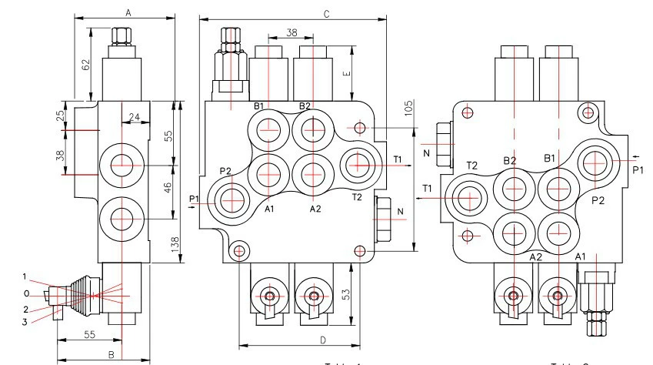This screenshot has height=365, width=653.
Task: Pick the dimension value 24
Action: click(135, 118)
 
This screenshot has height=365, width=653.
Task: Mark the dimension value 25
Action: click(61, 116)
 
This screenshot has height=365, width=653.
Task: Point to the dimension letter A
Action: click(128, 12)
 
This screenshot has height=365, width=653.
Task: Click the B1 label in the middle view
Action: click(259, 105)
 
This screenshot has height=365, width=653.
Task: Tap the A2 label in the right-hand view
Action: click(536, 256)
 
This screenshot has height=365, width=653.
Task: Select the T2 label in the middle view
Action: click(356, 197)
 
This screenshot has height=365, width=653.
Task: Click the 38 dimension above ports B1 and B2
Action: click(292, 33)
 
